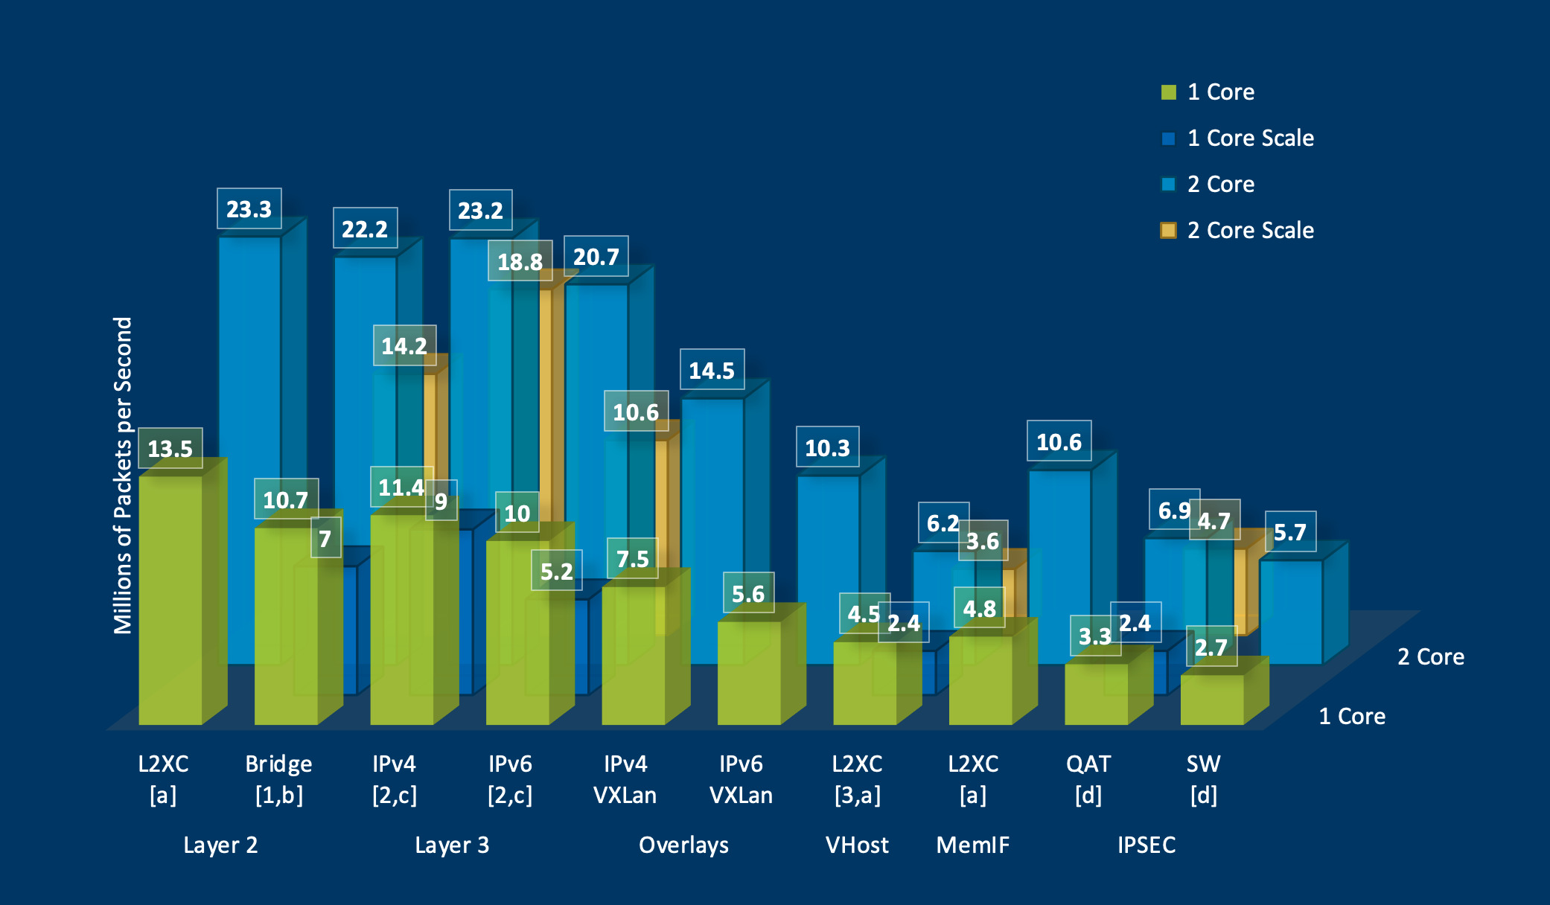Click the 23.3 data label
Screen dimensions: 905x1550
pyautogui.click(x=249, y=209)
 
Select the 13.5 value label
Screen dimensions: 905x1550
pyautogui.click(x=170, y=449)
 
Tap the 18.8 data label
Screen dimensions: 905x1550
pyautogui.click(x=520, y=261)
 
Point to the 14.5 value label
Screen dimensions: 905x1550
pyautogui.click(x=712, y=370)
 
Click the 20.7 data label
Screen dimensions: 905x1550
pyautogui.click(x=596, y=257)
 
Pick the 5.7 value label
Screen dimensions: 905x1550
pyautogui.click(x=1289, y=532)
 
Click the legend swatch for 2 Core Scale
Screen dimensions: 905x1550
pyautogui.click(x=1168, y=231)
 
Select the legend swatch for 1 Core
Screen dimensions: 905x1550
pyautogui.click(x=1168, y=92)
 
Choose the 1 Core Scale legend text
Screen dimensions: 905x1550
pyautogui.click(x=1250, y=138)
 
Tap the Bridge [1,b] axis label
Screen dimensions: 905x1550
pyautogui.click(x=278, y=779)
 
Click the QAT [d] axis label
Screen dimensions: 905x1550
pyautogui.click(x=1088, y=779)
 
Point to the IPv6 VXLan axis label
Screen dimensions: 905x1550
pyautogui.click(x=741, y=779)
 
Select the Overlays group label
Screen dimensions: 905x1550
pyautogui.click(x=683, y=845)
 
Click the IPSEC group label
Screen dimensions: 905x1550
pyautogui.click(x=1146, y=845)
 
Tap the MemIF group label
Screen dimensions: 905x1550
pyautogui.click(x=972, y=845)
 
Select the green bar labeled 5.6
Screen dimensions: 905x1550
pyautogui.click(x=749, y=674)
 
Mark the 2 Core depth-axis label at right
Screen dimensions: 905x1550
pyautogui.click(x=1430, y=656)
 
